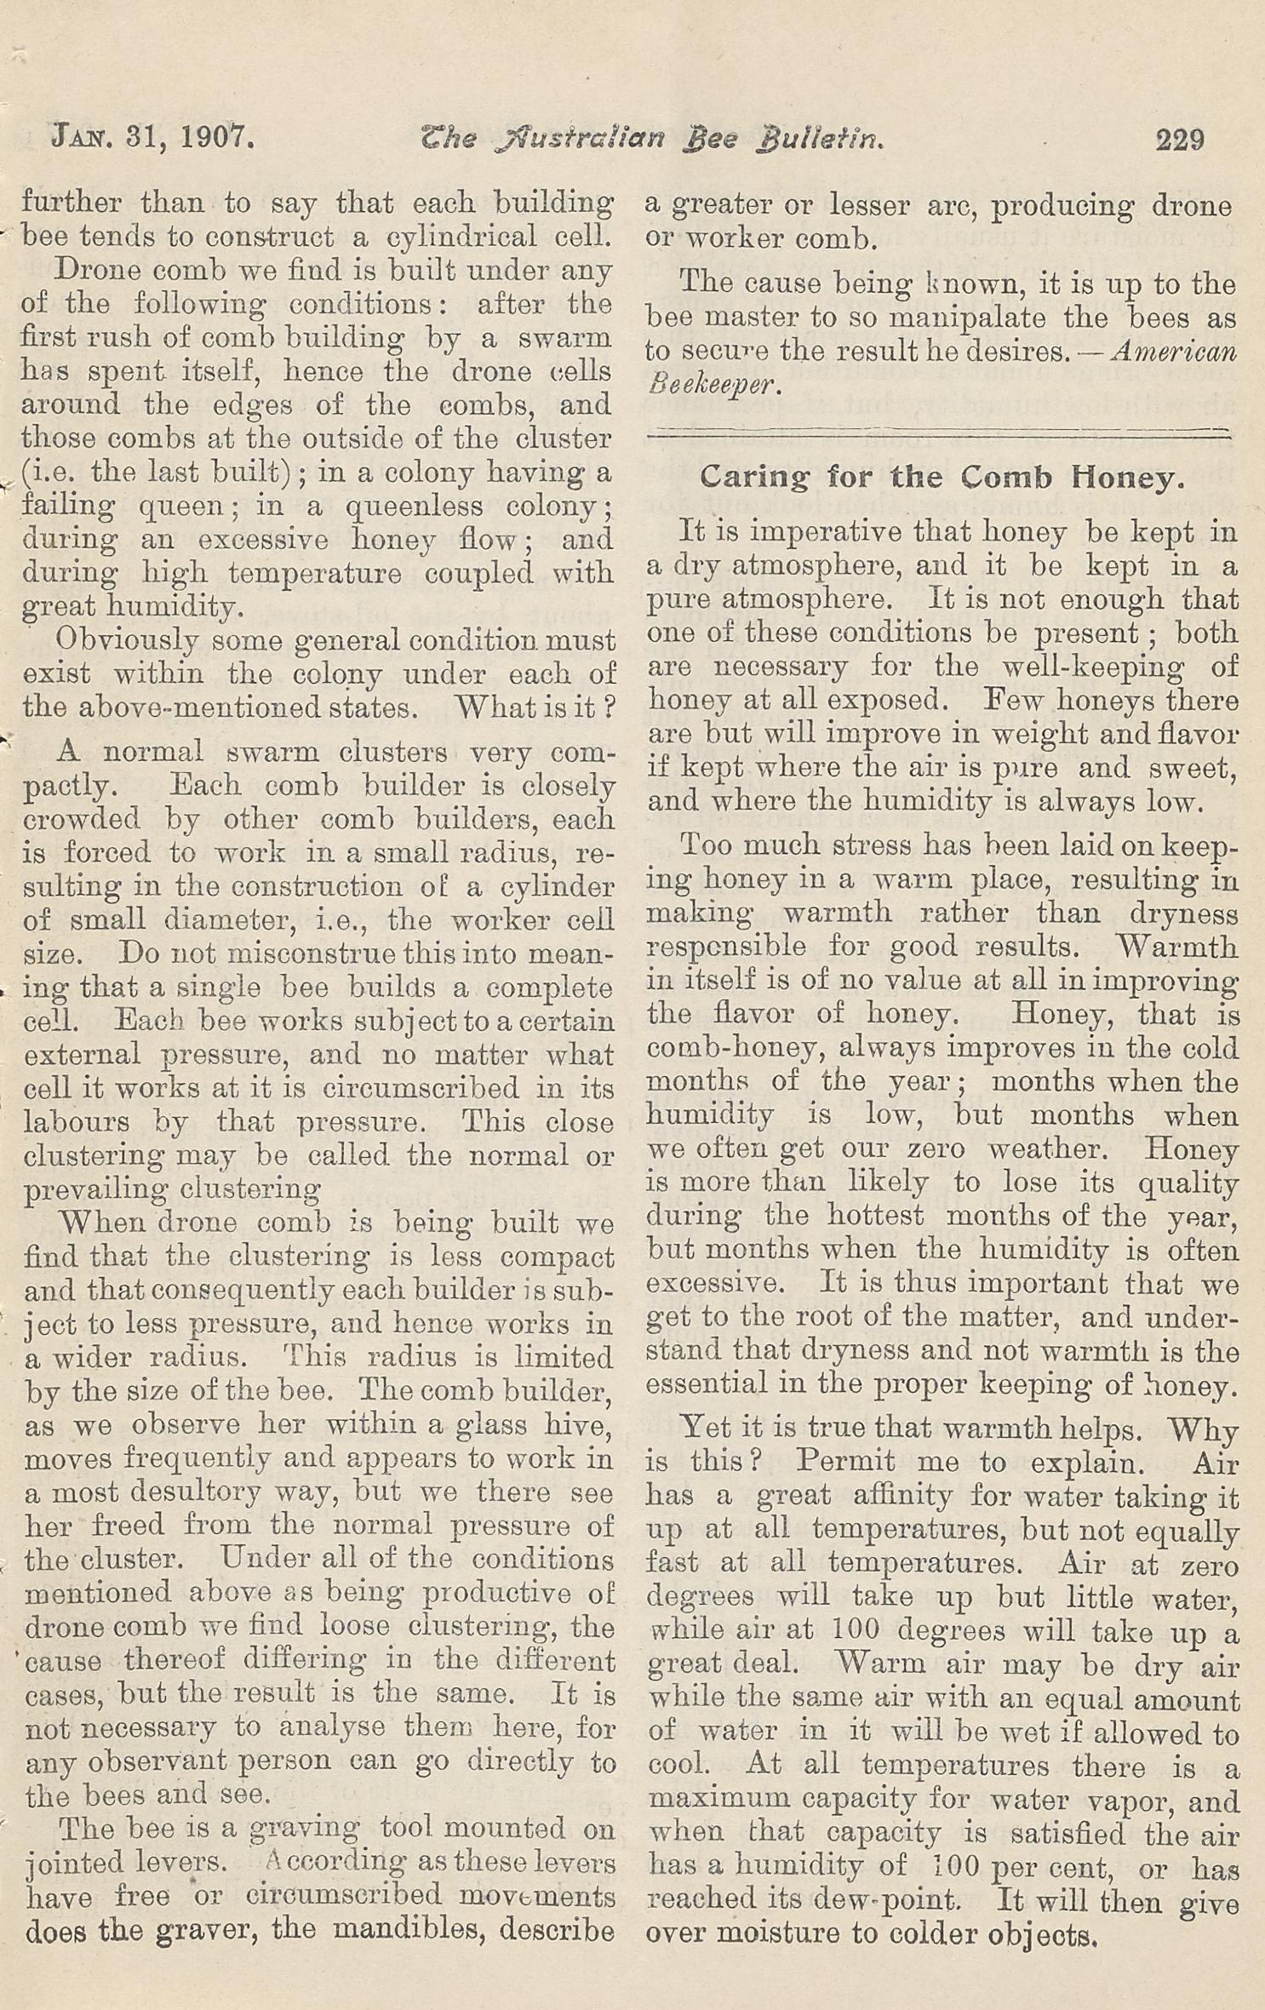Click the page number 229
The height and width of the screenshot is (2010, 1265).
[x=1179, y=139]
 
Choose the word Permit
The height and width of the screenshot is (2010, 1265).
[x=845, y=1462]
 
